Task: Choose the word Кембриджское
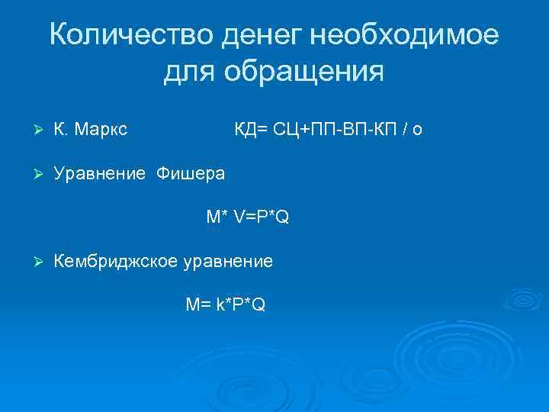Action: [114, 262]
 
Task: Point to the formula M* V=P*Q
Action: [247, 217]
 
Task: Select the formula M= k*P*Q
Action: [226, 305]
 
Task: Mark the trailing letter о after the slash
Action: [417, 130]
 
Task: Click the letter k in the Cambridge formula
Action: [220, 305]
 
